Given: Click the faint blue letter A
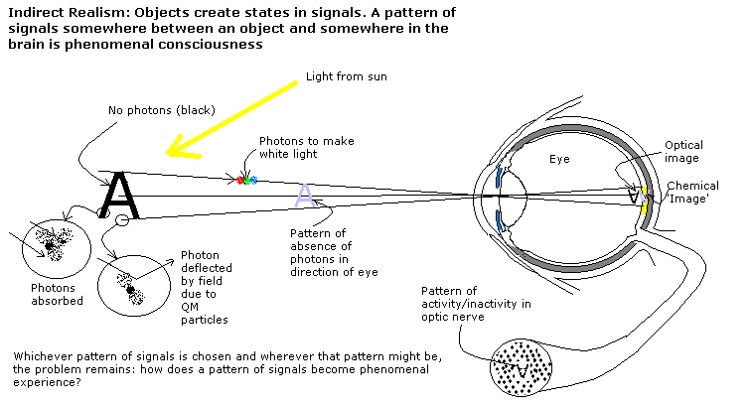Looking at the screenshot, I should pos(306,197).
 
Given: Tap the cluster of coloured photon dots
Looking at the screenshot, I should pos(245,180).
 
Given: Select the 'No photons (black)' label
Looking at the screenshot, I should pos(160,110).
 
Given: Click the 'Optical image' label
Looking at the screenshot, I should pos(683,152).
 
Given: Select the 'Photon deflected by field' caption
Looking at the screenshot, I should pos(206,287).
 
